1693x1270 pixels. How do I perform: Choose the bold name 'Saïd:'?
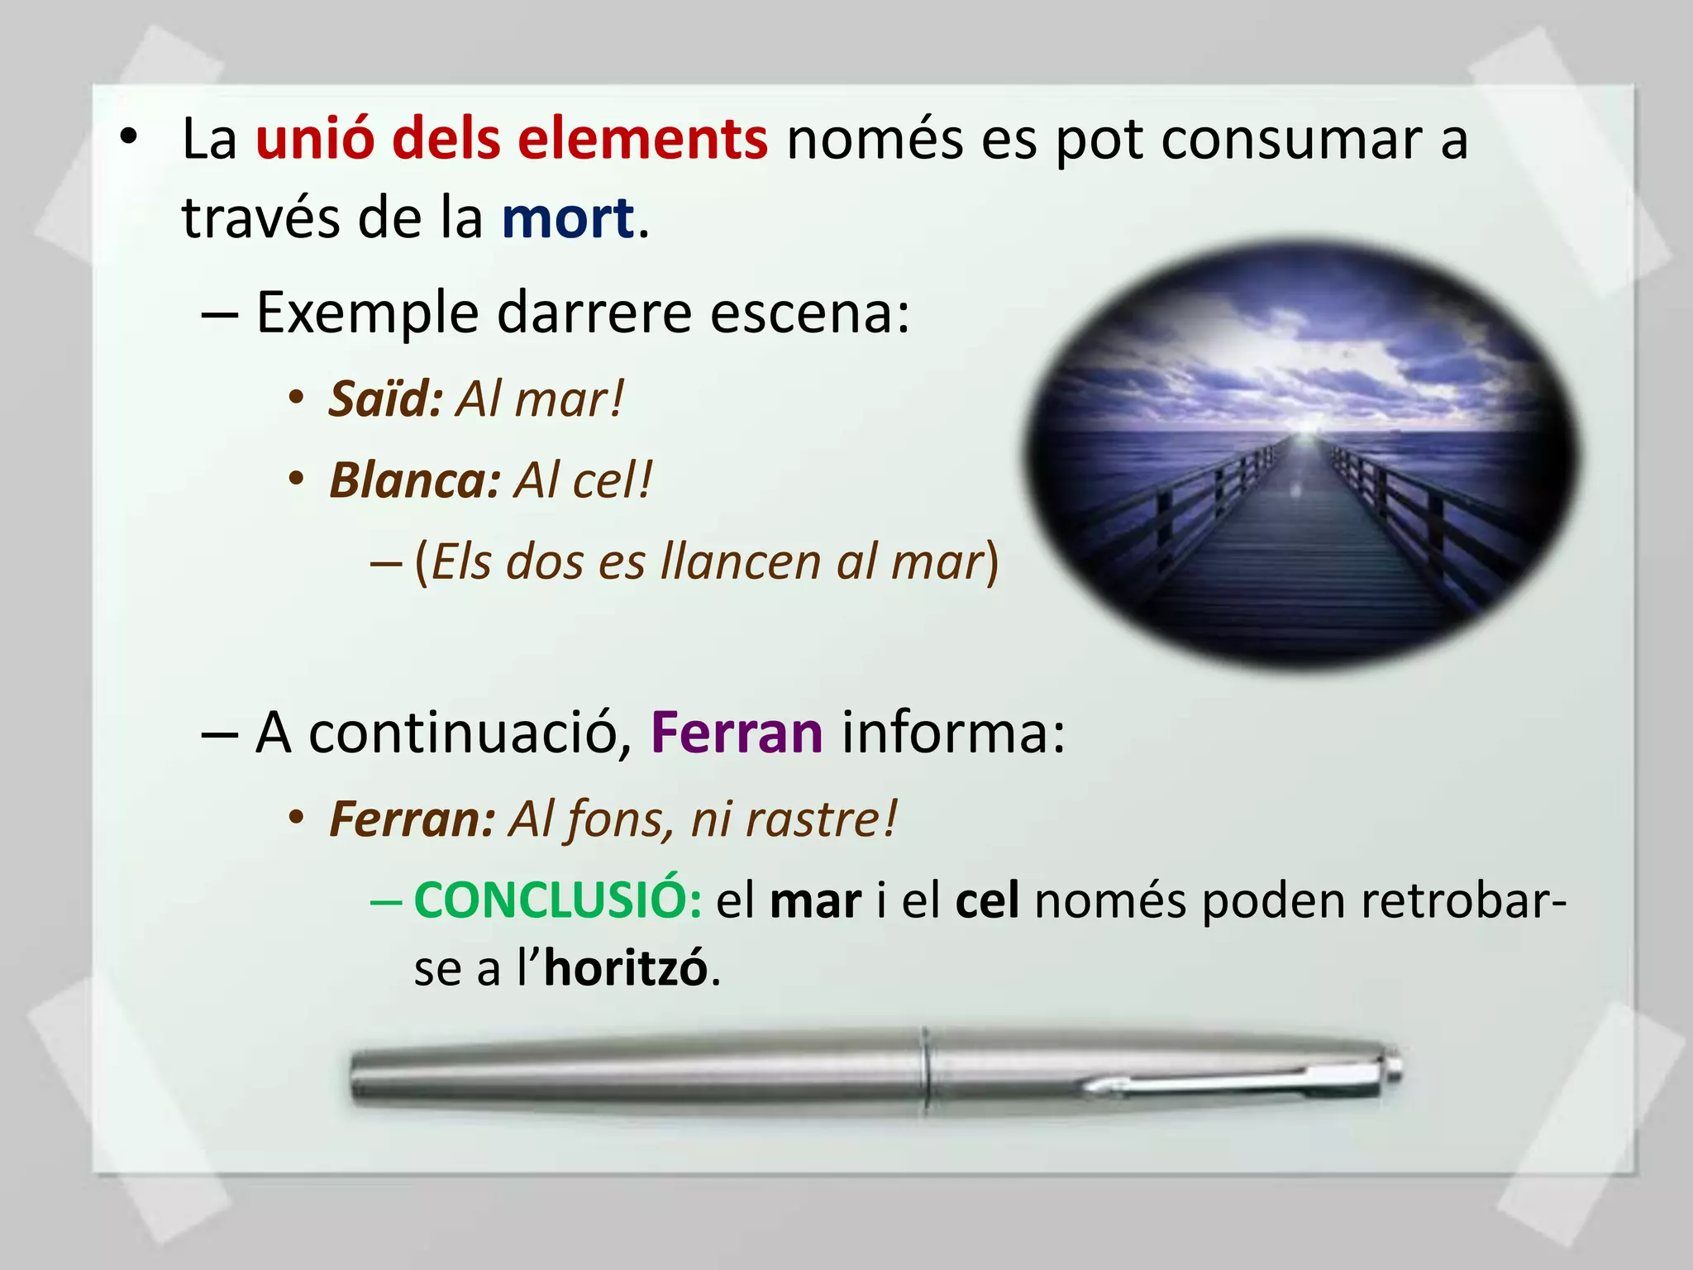[x=386, y=399]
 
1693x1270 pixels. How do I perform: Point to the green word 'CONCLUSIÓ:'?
[x=558, y=900]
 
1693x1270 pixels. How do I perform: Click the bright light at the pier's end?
[x=1304, y=430]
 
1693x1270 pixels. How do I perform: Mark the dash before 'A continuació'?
[x=220, y=734]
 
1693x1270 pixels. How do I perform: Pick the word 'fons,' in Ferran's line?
[x=614, y=820]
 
